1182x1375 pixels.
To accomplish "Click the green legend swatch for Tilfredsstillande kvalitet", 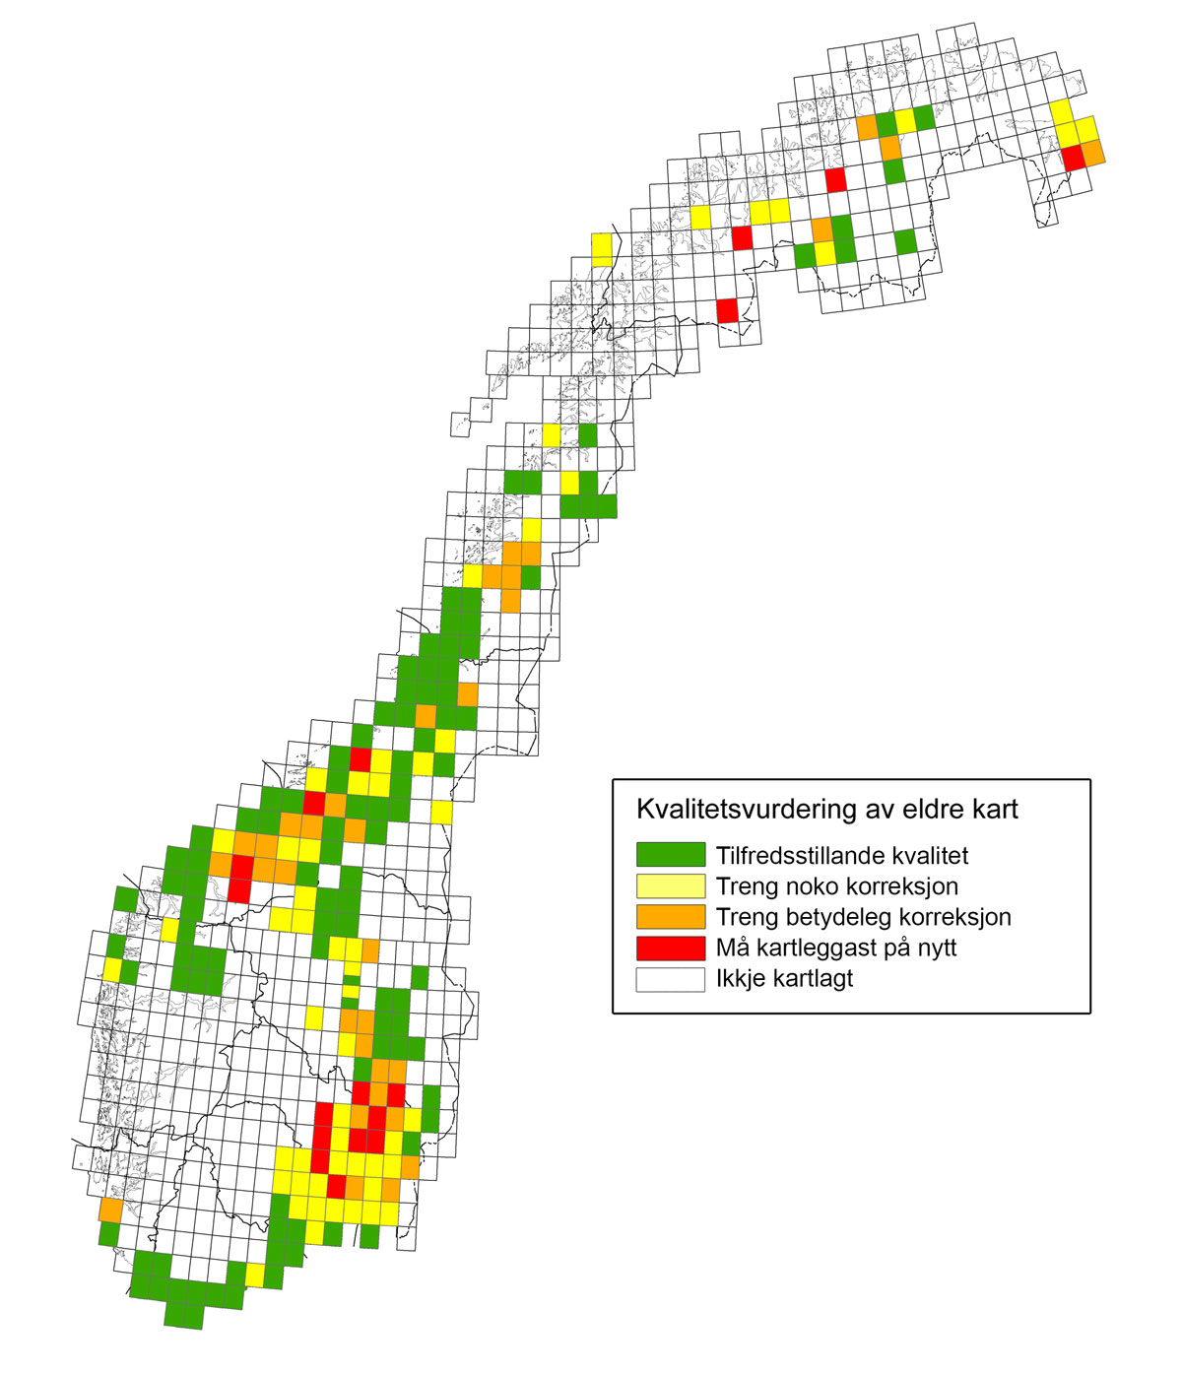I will click(x=670, y=855).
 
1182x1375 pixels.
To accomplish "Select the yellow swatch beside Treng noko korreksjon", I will click(x=670, y=885).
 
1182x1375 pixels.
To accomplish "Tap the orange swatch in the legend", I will click(x=670, y=917).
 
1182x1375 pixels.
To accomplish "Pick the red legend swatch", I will click(x=670, y=948).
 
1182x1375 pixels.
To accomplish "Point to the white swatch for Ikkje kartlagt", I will click(x=670, y=979).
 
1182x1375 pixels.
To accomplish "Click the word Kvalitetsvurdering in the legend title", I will click(x=734, y=810).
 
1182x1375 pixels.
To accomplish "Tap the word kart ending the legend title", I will click(x=993, y=810).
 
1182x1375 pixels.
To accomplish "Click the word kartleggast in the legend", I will click(x=813, y=949).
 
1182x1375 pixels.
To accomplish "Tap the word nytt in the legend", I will click(x=932, y=949).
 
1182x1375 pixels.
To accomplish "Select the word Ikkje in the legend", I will click(x=740, y=979).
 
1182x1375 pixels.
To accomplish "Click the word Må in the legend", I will click(x=731, y=948).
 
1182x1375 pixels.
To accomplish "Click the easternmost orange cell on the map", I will click(x=1092, y=152).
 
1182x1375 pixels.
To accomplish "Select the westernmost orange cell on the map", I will click(x=110, y=1210).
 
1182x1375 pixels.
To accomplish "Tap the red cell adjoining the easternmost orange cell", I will click(x=1073, y=158).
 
